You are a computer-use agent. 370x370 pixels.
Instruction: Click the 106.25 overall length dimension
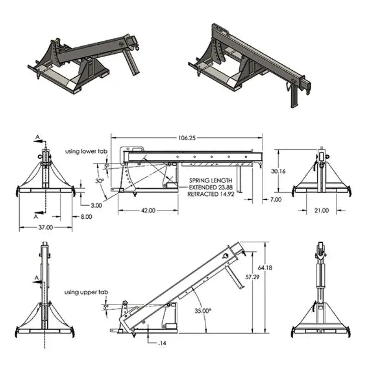(x=186, y=137)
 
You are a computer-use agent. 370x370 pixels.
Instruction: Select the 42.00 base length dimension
(x=148, y=210)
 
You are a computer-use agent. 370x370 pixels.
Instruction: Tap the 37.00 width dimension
(x=45, y=228)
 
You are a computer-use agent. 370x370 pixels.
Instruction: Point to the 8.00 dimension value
(x=86, y=216)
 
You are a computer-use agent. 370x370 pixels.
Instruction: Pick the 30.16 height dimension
(x=277, y=171)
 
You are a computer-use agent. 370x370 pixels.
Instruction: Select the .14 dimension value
(x=162, y=343)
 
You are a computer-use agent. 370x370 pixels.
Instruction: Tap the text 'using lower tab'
(x=86, y=151)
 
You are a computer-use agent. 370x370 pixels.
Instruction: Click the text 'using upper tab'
(x=86, y=292)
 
